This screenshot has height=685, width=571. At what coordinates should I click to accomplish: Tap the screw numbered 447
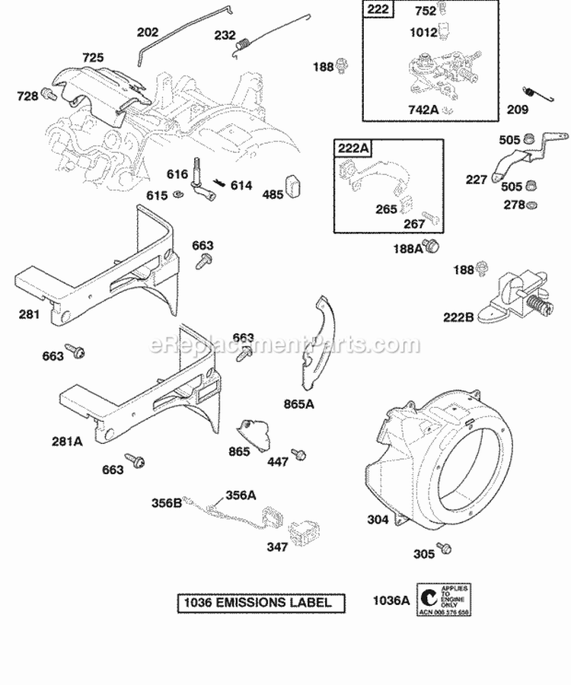[x=300, y=454]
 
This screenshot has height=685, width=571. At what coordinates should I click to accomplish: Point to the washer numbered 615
[x=177, y=196]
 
